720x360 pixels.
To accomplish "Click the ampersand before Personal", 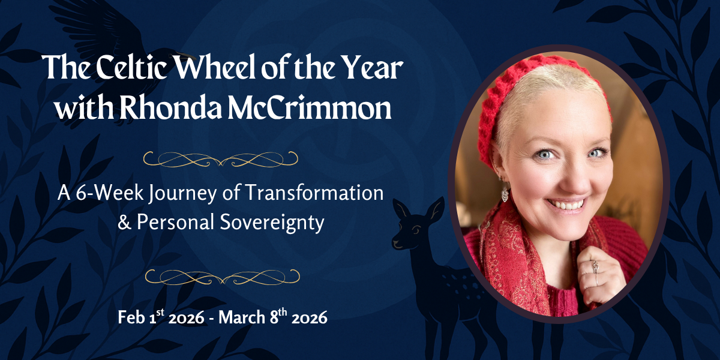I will pyautogui.click(x=125, y=223).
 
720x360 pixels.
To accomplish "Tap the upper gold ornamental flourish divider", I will pyautogui.click(x=221, y=158).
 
